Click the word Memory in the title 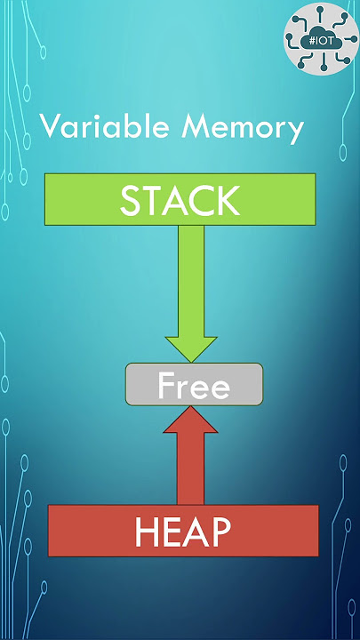243,129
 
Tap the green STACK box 180,199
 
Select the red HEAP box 183,530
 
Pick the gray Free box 194,384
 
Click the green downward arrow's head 190,349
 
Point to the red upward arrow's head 190,419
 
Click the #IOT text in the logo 321,41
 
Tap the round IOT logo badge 321,38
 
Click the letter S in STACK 130,201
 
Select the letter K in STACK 226,201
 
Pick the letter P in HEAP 220,532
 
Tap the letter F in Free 165,385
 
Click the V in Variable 50,125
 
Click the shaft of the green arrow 190,281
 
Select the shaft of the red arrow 190,468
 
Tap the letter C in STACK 200,201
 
